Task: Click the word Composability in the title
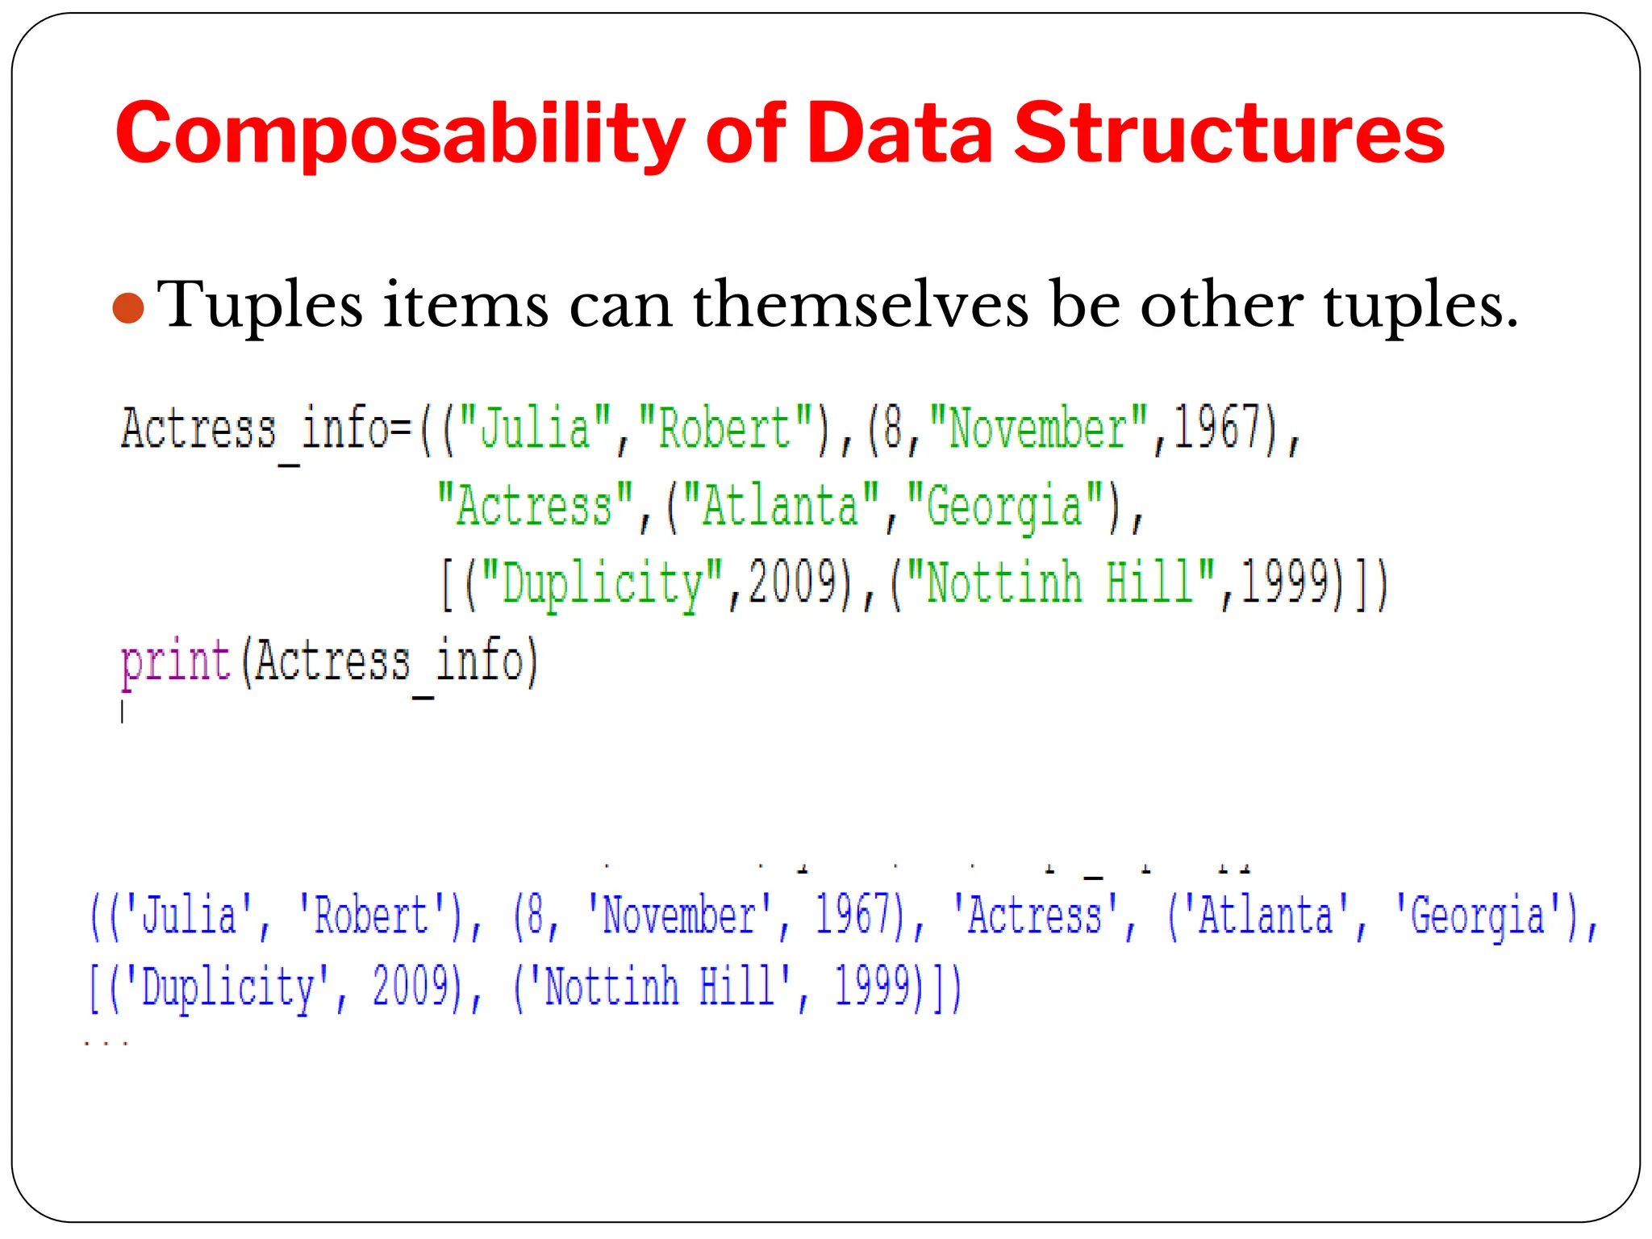click(399, 134)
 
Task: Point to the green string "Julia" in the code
click(535, 428)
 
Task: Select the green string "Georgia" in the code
click(1003, 506)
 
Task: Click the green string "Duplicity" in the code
click(602, 583)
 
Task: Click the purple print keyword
click(176, 661)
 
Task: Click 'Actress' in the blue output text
click(1034, 916)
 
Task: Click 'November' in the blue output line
click(679, 916)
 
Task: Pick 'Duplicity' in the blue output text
click(228, 987)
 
